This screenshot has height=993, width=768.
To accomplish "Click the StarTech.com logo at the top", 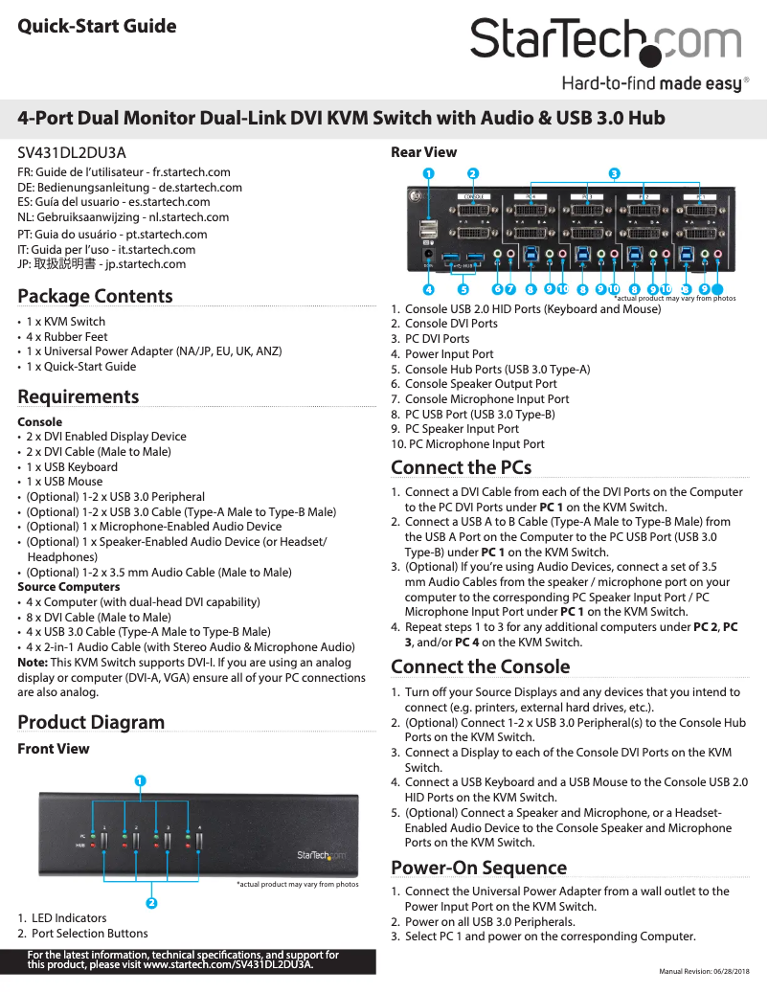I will tap(605, 43).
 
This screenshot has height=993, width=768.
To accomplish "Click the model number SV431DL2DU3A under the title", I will tap(72, 152).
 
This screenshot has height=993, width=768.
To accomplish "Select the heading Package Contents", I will tap(95, 296).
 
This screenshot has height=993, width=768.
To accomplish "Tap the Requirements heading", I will tap(79, 396).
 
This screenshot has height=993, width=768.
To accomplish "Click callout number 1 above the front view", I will tap(139, 780).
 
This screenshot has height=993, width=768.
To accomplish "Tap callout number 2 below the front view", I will tap(151, 903).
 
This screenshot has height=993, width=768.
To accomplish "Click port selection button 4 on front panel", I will tap(199, 845).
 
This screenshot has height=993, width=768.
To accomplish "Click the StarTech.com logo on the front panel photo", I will tap(321, 855).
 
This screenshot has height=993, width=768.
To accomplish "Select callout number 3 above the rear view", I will tap(615, 173).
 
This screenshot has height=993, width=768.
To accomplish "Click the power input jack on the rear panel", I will tap(428, 256).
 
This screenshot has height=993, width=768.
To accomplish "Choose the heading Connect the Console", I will tap(480, 666).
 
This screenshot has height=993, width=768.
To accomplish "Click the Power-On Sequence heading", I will tap(479, 868).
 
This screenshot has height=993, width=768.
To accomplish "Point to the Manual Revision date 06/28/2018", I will tap(705, 972).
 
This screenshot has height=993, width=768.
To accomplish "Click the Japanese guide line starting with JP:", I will tap(102, 264).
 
